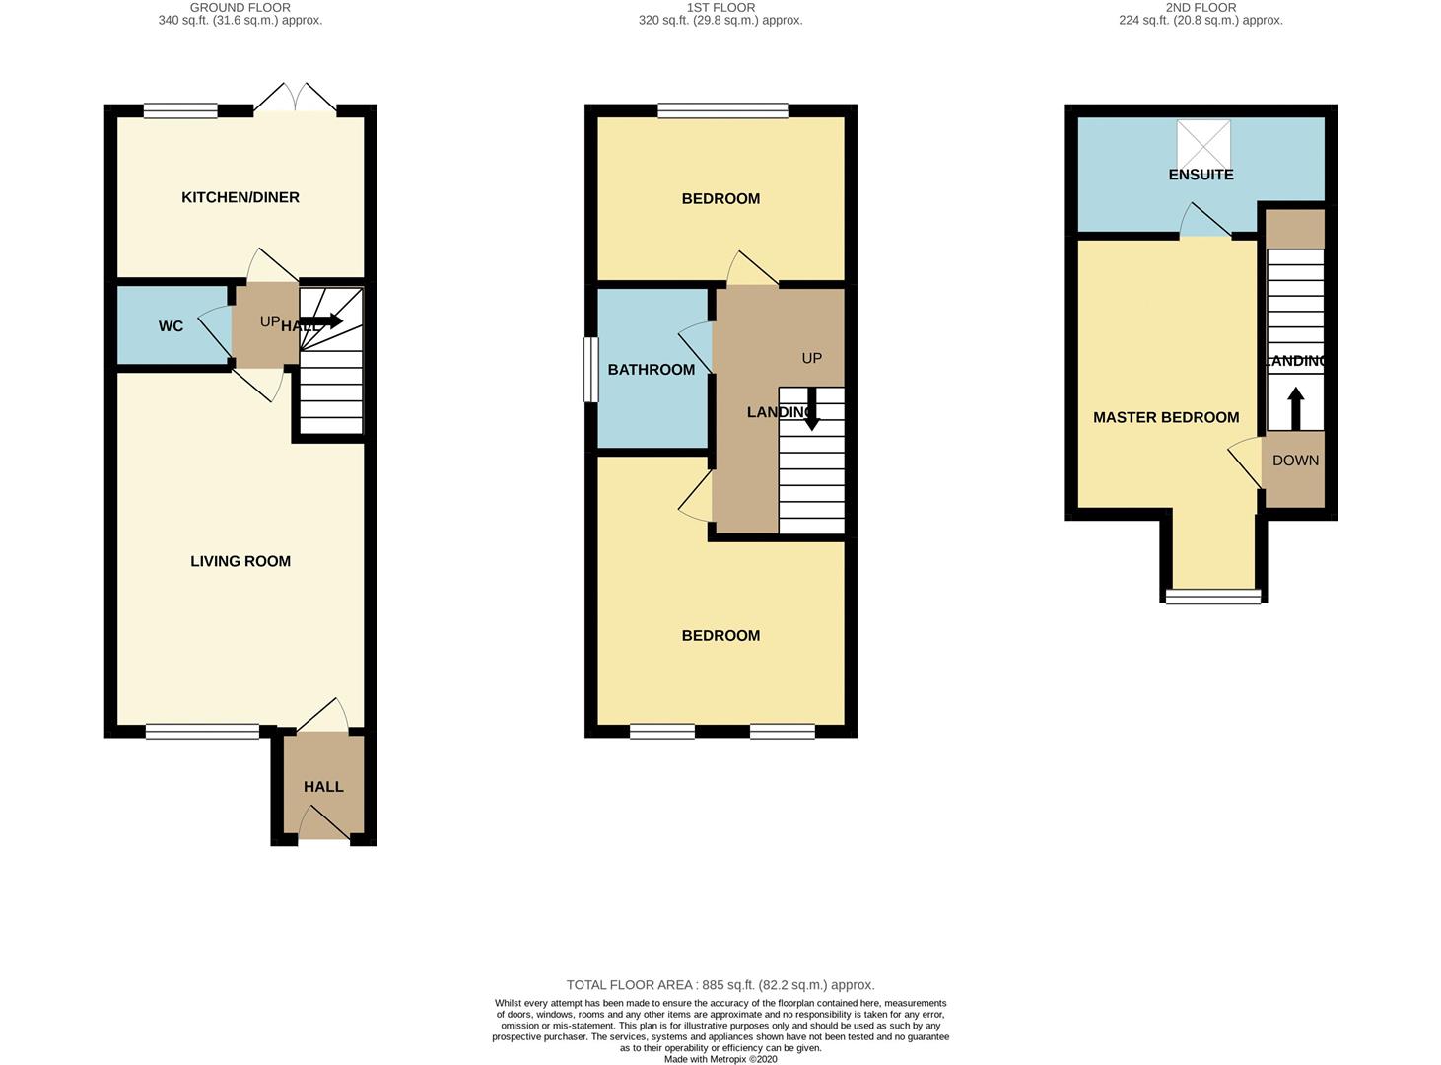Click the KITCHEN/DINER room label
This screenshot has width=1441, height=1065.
[x=240, y=197]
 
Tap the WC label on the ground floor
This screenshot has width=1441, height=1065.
[x=171, y=326]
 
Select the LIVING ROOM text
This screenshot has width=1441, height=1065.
[x=240, y=561]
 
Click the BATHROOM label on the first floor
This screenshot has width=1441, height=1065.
[x=652, y=370]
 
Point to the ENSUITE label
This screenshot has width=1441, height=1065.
[x=1201, y=175]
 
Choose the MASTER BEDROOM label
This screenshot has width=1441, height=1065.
[x=1166, y=417]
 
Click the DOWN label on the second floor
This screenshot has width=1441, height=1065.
[x=1295, y=461]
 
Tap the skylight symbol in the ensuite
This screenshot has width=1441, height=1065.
[x=1203, y=144]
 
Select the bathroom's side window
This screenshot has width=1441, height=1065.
[x=590, y=370]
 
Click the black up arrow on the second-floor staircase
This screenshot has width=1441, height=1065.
[x=1295, y=408]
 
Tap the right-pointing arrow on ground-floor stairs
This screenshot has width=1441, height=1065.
[x=322, y=321]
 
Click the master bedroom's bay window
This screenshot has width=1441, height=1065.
[x=1213, y=596]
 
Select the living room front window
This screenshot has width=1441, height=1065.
[x=202, y=731]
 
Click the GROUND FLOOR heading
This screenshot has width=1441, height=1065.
[x=240, y=7]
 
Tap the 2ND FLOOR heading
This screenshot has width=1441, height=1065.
[x=1201, y=7]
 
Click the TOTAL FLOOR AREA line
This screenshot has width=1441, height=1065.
[x=720, y=984]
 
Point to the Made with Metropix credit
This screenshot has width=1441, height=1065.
[x=720, y=1059]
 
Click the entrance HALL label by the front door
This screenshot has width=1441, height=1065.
[x=323, y=787]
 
